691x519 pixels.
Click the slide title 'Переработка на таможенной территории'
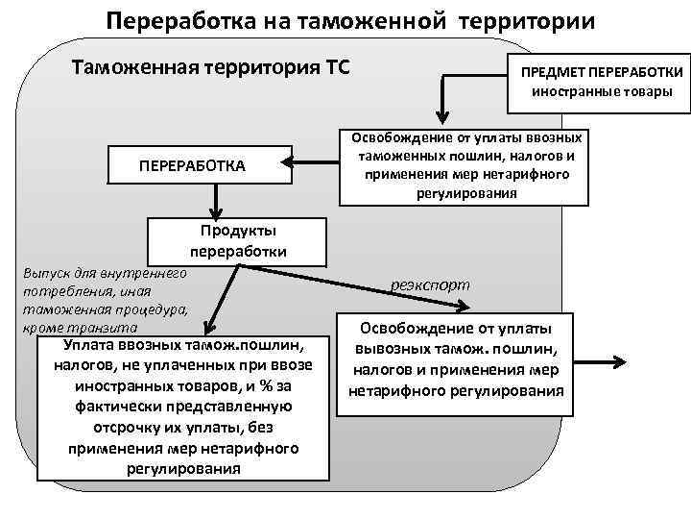pyautogui.click(x=349, y=20)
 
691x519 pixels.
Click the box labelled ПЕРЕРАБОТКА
pyautogui.click(x=192, y=165)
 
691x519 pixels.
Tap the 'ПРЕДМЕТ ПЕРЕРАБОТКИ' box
pyautogui.click(x=602, y=82)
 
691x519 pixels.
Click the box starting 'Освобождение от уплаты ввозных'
pyautogui.click(x=466, y=165)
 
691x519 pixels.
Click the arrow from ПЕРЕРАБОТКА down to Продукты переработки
pyautogui.click(x=218, y=198)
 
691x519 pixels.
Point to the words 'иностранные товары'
pyautogui.click(x=602, y=92)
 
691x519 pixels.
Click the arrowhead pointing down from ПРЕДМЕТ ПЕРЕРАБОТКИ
pyautogui.click(x=441, y=109)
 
